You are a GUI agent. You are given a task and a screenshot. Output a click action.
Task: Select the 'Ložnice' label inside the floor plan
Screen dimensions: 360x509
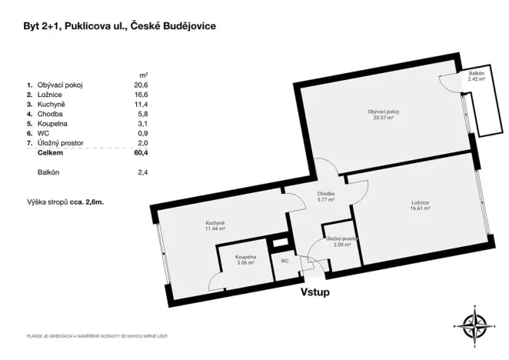click(x=419, y=203)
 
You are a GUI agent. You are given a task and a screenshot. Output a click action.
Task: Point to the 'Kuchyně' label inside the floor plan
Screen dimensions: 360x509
click(x=215, y=223)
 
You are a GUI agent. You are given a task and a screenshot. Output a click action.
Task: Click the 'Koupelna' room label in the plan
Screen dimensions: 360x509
click(x=246, y=257)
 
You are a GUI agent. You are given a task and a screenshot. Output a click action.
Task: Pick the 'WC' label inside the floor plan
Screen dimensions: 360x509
click(x=284, y=262)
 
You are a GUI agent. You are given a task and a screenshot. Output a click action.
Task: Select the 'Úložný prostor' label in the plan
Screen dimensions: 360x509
click(x=343, y=240)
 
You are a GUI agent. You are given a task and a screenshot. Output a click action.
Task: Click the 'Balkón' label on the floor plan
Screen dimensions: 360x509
click(x=476, y=74)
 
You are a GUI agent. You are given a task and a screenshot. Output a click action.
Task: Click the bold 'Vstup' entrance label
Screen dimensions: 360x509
click(x=314, y=293)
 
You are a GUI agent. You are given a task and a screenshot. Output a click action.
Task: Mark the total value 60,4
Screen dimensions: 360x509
click(x=140, y=153)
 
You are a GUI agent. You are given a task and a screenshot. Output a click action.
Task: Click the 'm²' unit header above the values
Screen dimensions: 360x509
click(x=142, y=73)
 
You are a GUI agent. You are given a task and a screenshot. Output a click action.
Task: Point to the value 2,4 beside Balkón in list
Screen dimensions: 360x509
click(x=141, y=172)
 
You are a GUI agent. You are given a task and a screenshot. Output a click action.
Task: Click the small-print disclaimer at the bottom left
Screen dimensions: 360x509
click(x=97, y=337)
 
